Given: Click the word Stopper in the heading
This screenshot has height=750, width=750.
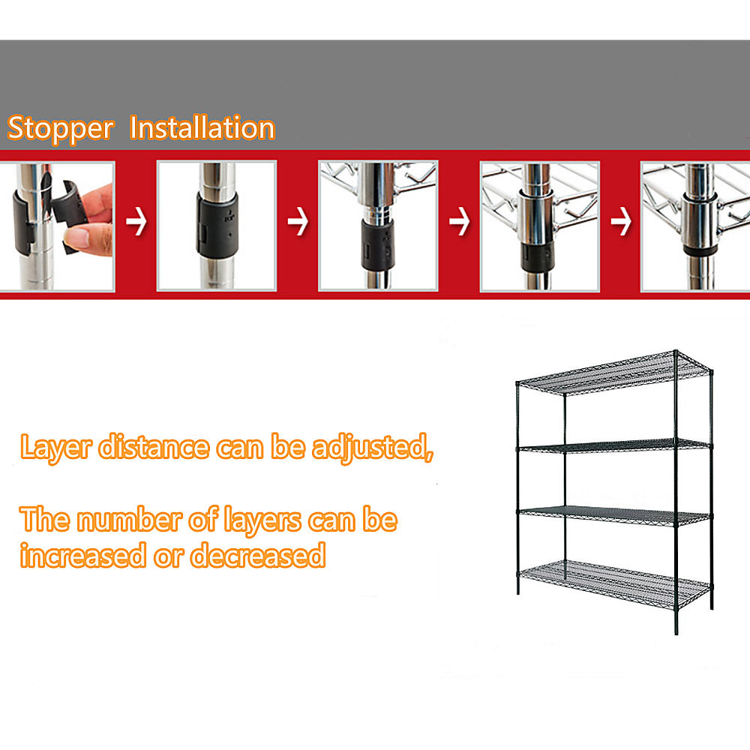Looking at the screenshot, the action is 61,128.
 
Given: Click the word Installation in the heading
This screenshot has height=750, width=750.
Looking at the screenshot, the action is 202,127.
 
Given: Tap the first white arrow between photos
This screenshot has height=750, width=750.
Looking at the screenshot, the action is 136,221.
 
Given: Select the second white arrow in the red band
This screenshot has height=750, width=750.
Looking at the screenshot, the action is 298,221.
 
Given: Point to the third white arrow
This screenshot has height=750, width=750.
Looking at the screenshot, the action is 460,221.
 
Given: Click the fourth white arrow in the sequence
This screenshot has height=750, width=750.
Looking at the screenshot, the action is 621,221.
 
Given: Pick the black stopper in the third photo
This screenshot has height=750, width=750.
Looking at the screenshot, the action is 378,244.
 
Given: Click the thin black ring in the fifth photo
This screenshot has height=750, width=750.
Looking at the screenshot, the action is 699,250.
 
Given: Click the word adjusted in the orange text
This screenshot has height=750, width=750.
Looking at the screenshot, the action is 373,448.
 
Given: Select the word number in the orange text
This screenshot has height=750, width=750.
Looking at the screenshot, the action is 130,520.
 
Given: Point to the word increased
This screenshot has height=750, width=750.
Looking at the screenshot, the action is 82,555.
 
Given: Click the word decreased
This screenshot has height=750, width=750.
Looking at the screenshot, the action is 258,555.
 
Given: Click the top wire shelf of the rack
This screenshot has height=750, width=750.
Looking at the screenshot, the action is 615,373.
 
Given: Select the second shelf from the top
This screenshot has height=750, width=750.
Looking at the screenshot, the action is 615,444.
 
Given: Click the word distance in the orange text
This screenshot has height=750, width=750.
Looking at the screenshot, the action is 154,447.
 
